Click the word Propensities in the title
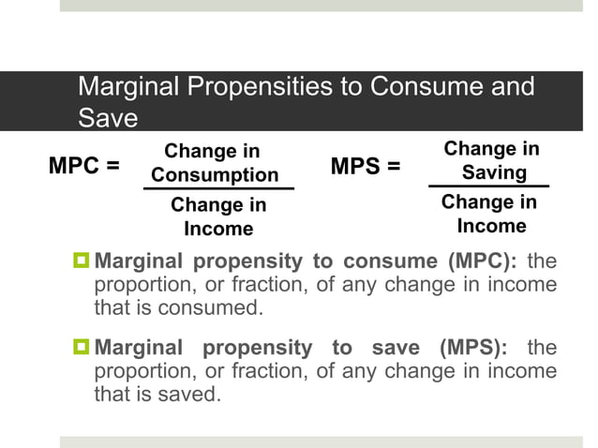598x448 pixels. [264, 88]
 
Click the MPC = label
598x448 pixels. [84, 167]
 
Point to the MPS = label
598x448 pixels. [366, 167]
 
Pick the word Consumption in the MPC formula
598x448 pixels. [215, 175]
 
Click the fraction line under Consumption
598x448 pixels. [218, 189]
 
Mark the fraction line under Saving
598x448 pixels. [488, 187]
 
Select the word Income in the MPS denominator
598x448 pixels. [491, 226]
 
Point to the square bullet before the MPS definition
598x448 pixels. [82, 348]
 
